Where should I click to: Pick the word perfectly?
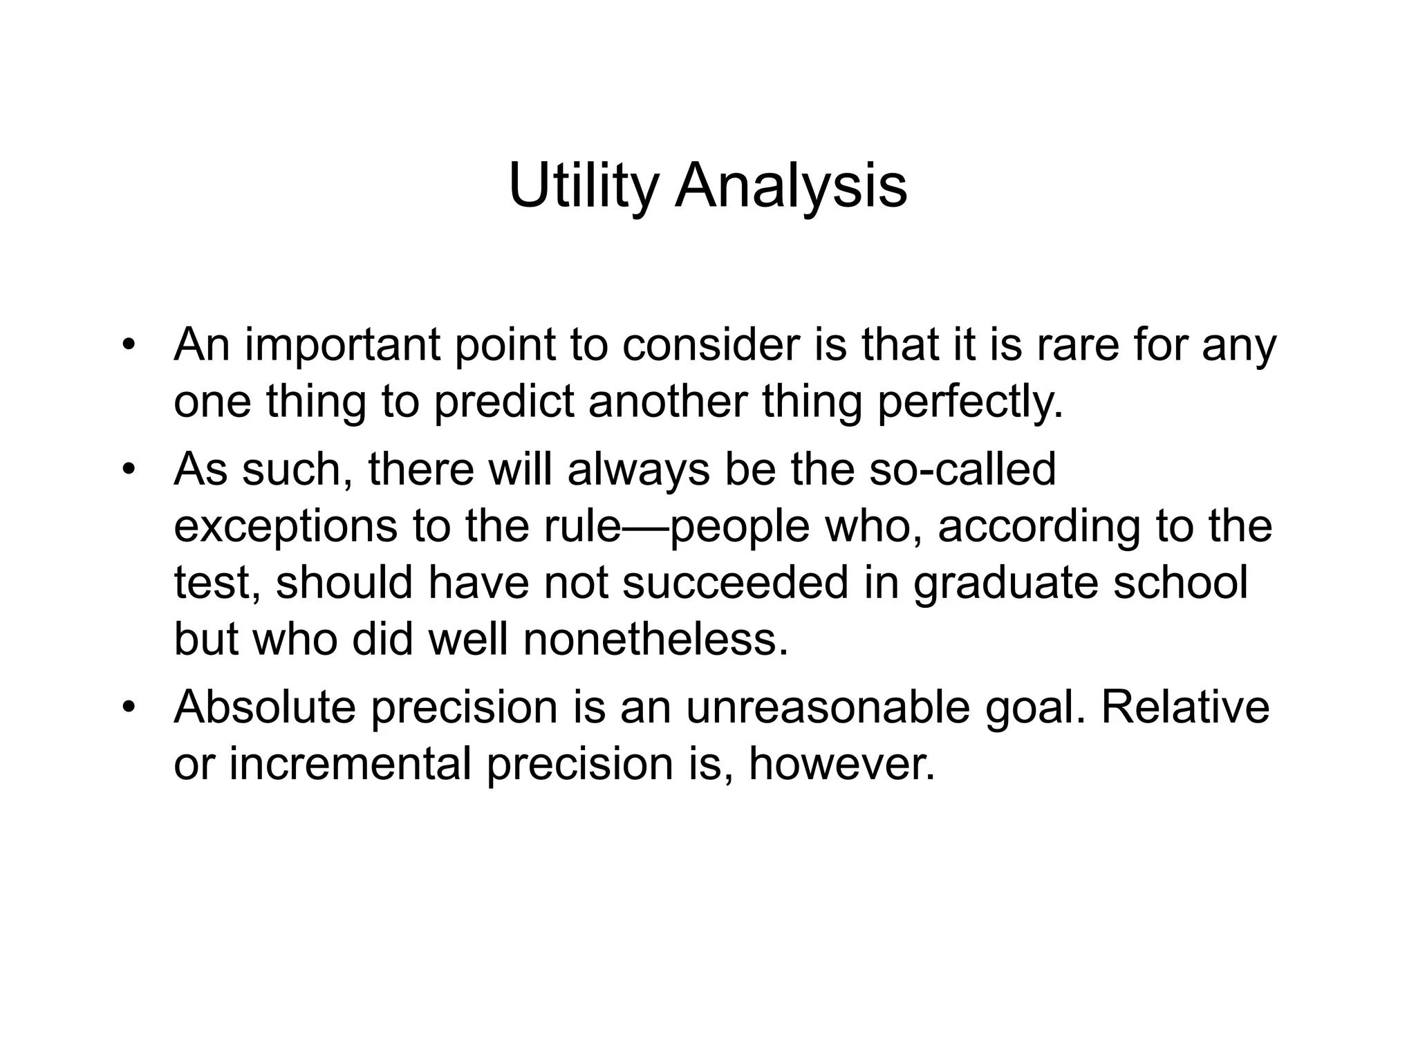[x=970, y=402]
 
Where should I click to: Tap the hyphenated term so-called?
[x=962, y=469]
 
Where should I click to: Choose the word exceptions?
[x=286, y=526]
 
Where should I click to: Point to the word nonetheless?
[x=655, y=640]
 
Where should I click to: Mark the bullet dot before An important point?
[x=127, y=346]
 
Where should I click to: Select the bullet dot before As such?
[x=127, y=470]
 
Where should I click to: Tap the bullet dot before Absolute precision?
[x=127, y=708]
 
